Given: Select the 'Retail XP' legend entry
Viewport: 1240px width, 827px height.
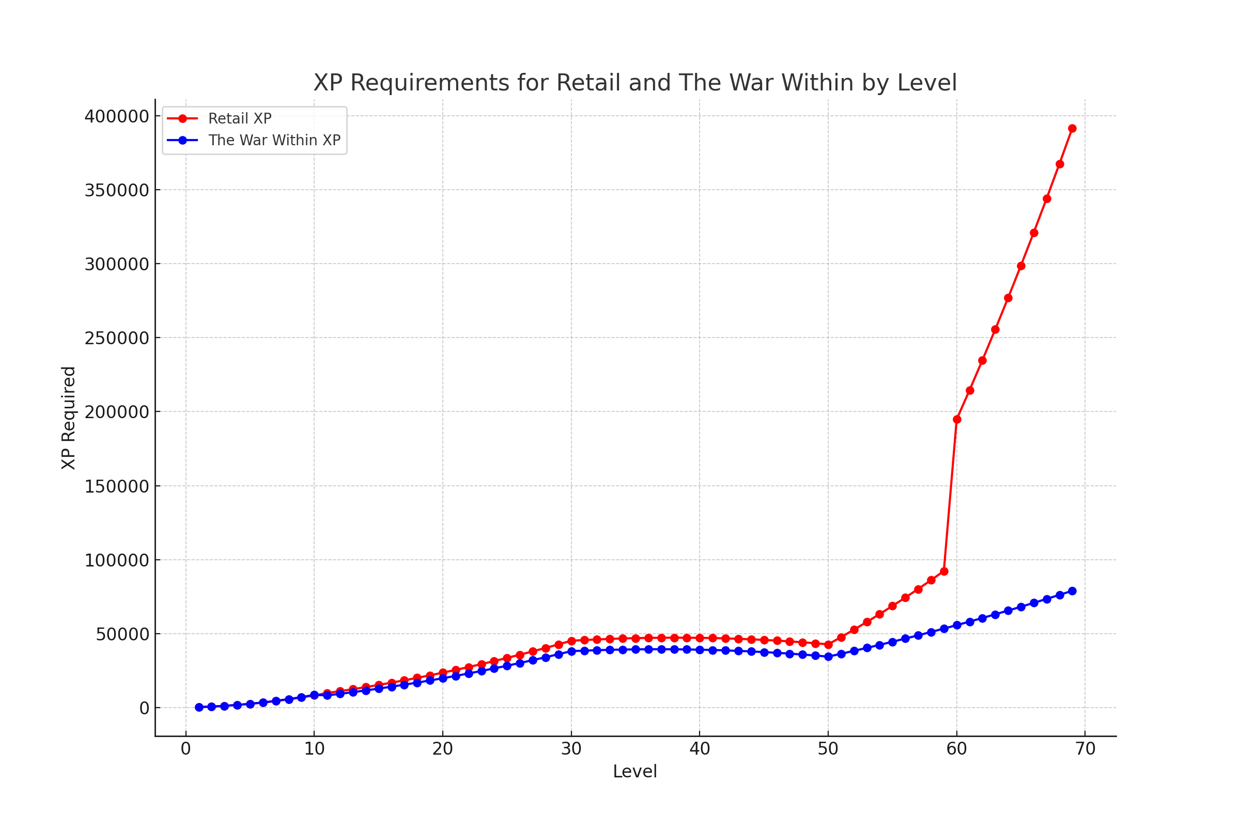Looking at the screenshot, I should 240,119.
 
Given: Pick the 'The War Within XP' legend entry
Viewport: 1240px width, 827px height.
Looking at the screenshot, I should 274,140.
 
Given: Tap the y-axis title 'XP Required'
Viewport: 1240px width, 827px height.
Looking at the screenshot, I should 69,418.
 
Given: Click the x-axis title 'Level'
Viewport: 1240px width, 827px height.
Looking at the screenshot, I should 635,772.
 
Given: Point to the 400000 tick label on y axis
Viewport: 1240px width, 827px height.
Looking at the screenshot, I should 117,116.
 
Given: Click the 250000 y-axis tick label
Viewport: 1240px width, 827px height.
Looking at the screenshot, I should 117,338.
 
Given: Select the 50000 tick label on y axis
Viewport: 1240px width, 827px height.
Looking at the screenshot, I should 122,635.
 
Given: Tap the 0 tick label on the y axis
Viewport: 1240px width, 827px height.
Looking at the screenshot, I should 144,708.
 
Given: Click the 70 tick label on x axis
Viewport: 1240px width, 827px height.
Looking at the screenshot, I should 1085,749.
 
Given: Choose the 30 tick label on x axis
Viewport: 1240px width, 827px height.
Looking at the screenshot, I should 571,749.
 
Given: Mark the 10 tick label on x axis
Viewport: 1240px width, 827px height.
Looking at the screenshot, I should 314,749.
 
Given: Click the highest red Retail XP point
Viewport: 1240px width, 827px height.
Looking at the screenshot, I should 1072,129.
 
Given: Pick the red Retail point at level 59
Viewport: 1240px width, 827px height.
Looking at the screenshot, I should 944,572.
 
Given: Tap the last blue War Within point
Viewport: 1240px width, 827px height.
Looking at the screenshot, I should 1072,591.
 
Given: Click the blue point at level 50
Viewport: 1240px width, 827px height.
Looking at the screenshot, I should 828,656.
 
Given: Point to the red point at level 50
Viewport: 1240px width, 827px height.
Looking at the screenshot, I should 828,645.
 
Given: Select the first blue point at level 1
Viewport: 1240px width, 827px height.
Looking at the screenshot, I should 199,708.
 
